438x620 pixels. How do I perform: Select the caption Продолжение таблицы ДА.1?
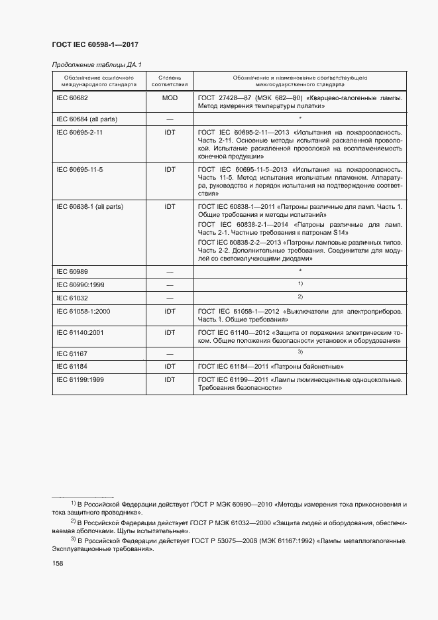97,64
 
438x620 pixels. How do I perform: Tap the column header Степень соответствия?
170,81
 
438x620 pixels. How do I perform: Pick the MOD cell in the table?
170,97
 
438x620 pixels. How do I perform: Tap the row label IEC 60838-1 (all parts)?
90,207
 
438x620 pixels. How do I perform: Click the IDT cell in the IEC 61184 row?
170,366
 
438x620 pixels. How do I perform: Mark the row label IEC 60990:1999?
82,284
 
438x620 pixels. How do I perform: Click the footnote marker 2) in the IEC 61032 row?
300,296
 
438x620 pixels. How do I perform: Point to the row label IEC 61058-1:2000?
84,310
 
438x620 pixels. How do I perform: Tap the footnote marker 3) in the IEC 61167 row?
300,352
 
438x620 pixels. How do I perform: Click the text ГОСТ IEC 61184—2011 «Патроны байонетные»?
270,366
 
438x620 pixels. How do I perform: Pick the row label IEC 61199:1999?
82,379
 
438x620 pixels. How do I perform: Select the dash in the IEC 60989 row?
170,272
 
